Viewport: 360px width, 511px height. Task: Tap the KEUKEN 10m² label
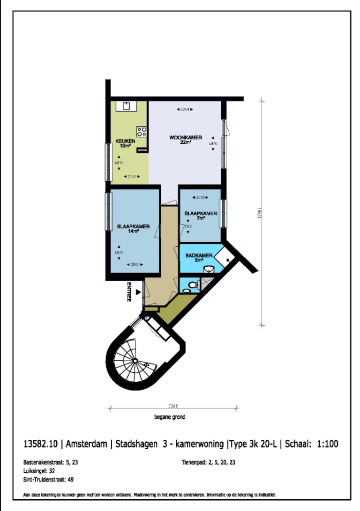[127, 143]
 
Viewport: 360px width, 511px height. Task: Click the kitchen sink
[126, 106]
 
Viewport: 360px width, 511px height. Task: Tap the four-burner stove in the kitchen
[142, 132]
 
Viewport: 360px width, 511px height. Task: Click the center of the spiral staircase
[135, 361]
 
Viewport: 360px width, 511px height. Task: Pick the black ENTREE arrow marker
[138, 292]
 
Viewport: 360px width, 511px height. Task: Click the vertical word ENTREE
[129, 292]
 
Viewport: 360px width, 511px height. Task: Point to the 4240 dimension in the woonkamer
[185, 110]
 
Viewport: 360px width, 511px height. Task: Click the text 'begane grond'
[169, 417]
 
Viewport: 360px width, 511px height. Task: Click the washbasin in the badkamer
[210, 269]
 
